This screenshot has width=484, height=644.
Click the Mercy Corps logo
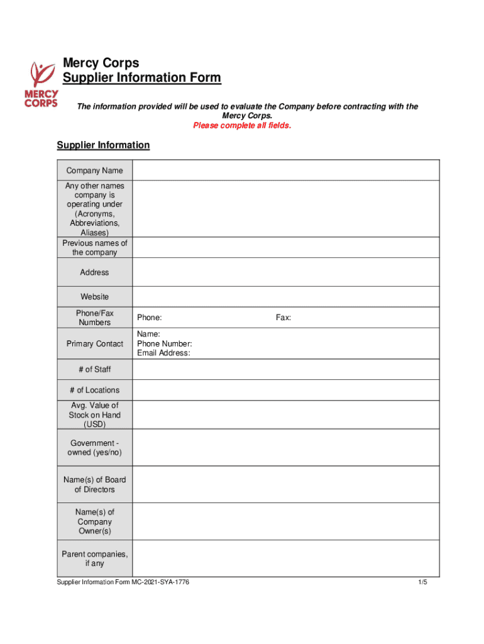[x=41, y=84]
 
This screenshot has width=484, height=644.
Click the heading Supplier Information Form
[x=141, y=78]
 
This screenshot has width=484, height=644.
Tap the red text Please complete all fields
[x=242, y=126]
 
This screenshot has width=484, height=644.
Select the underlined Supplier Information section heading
[x=103, y=145]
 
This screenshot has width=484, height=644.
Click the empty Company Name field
[x=285, y=170]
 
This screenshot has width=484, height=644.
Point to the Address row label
[x=94, y=272]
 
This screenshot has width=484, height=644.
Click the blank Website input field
[x=285, y=297]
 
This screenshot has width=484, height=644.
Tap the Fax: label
[x=283, y=318]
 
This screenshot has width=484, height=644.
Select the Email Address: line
[x=163, y=353]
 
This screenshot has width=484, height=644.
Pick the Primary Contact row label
[x=94, y=344]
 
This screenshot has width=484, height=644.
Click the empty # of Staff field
[x=285, y=370]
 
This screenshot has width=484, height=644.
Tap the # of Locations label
[x=94, y=390]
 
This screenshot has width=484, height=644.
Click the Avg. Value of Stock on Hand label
[x=94, y=415]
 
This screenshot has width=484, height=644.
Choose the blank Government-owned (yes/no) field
[x=285, y=448]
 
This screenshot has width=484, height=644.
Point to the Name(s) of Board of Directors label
[x=94, y=484]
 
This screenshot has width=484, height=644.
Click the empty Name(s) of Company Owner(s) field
[x=285, y=521]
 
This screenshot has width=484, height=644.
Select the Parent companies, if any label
[x=94, y=558]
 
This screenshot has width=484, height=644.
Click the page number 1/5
[x=422, y=582]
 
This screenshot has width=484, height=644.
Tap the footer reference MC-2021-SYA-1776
[x=160, y=582]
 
